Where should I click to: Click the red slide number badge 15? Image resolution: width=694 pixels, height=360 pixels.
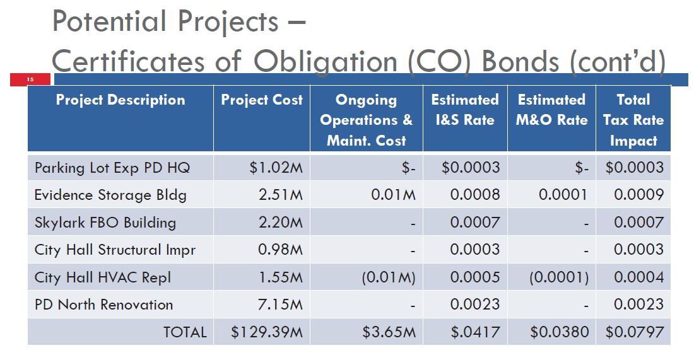pos(30,79)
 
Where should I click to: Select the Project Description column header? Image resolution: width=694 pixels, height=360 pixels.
pos(121,100)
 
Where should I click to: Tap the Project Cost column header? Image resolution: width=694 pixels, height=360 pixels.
pos(262,100)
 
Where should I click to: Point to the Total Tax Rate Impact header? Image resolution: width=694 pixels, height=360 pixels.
pos(633,120)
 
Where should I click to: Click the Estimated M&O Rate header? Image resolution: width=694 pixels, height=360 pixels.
pos(551,110)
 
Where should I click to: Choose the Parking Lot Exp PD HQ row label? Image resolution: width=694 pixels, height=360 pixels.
pos(112,168)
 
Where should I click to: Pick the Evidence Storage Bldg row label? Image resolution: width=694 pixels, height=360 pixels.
pos(110,195)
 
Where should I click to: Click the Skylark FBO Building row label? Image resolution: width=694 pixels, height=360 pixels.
pos(105,223)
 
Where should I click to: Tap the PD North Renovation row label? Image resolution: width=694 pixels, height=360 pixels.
pos(103,305)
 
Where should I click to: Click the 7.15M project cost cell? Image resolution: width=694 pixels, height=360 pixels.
pos(280,305)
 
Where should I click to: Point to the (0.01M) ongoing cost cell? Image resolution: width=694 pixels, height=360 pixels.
pos(388,277)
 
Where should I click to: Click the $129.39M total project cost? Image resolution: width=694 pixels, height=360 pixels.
pos(266,332)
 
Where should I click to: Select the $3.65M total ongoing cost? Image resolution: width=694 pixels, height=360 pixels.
pos(389,332)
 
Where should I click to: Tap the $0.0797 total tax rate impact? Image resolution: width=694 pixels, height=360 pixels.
pos(634,332)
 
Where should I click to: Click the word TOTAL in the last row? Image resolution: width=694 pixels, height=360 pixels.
pos(185,332)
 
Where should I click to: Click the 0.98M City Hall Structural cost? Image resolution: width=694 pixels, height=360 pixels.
pos(280,250)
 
